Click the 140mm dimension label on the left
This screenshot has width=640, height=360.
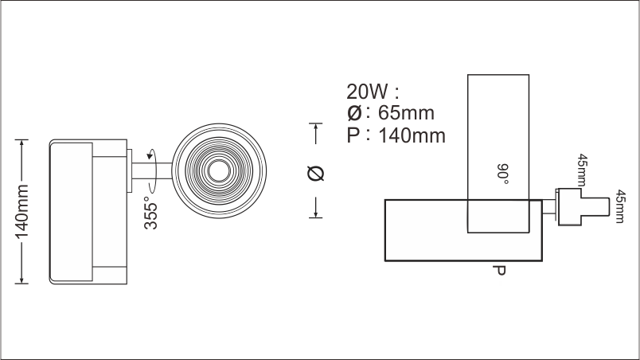(x=22, y=212)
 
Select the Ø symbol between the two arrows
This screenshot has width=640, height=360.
(x=316, y=174)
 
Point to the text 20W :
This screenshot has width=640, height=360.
(x=372, y=89)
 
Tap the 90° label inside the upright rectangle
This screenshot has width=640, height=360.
(x=502, y=172)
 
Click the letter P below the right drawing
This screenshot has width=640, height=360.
(x=500, y=271)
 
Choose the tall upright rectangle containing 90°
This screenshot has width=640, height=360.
(x=498, y=119)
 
